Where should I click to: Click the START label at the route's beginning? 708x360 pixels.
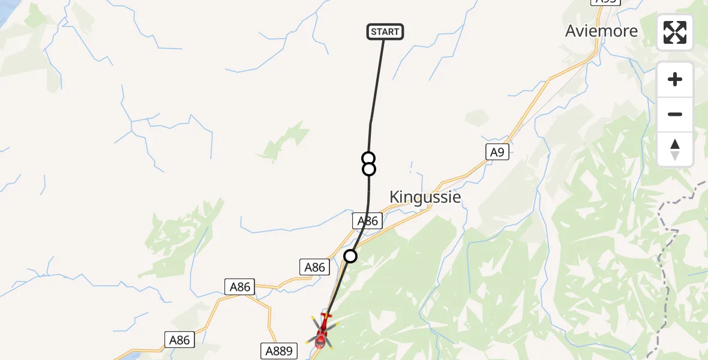[x=385, y=32]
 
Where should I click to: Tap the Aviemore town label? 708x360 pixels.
[x=601, y=31]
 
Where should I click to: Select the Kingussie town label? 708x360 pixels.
[x=425, y=197]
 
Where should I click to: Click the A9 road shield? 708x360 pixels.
[x=497, y=152]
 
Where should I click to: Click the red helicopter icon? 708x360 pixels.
[x=322, y=331]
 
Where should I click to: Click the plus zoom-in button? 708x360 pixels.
[x=675, y=80]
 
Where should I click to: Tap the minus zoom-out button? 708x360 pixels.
[x=675, y=115]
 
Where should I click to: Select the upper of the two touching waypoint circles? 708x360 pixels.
[x=368, y=158]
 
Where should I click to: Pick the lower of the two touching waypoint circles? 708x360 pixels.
[x=369, y=169]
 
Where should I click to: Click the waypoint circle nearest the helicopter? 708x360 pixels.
[x=350, y=256]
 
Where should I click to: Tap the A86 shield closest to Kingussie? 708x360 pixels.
[x=368, y=221]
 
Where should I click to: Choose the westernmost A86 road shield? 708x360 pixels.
[x=179, y=340]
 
